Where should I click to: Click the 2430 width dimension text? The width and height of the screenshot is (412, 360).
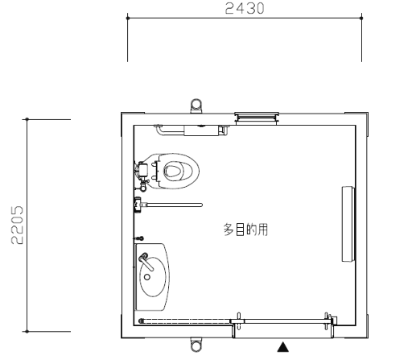pos(245,8)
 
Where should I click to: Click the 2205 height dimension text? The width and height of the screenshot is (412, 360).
pos(17,225)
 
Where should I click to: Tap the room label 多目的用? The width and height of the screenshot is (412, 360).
pos(245,230)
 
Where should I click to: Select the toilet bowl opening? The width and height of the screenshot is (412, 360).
pos(173,171)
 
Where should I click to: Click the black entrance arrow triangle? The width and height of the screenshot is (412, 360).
pos(282,346)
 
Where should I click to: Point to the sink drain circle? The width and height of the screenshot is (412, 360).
pos(147,277)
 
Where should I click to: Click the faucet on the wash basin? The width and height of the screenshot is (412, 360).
pos(146,261)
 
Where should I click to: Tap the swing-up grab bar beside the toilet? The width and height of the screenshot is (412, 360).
pos(168,205)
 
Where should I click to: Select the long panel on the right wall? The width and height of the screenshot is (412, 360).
pos(348,224)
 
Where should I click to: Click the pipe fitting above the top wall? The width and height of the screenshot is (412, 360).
pos(196,106)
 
